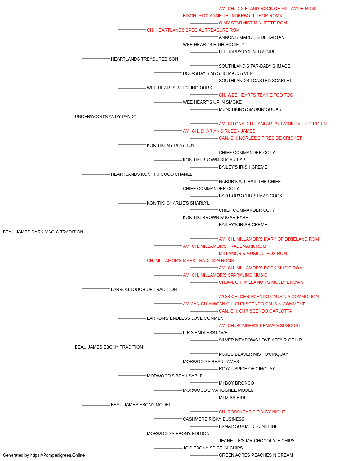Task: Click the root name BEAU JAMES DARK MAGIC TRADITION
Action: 43,232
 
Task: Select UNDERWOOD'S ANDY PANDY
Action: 105,116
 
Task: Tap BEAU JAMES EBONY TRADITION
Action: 109,347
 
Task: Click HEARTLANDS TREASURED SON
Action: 144,59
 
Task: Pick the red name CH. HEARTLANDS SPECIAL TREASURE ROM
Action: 193,30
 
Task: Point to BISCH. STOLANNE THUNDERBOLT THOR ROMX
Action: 232,16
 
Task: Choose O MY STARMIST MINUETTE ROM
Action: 253,23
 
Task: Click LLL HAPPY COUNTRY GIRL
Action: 247,52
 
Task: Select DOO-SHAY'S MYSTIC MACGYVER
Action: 218,73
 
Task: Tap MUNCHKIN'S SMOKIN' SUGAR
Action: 250,109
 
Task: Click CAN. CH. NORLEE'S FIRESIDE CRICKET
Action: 260,138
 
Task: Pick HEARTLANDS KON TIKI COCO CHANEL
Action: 151,174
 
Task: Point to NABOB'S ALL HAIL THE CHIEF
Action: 249,182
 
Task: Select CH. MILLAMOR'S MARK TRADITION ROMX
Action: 190,261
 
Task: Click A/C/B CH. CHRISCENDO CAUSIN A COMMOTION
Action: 269,296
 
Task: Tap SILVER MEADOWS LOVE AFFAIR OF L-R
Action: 260,340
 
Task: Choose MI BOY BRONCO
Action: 237,383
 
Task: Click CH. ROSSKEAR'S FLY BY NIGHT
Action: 252,412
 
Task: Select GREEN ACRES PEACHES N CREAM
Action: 256,455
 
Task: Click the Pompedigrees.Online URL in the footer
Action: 58,455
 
